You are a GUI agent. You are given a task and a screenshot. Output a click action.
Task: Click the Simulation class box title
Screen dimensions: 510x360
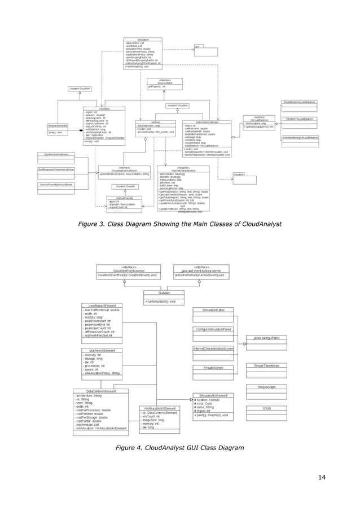pyautogui.click(x=143, y=40)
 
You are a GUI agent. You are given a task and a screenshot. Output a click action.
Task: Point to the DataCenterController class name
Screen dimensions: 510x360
pyautogui.click(x=206, y=121)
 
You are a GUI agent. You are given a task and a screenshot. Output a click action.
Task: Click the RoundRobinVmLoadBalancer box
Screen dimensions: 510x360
pyautogui.click(x=300, y=102)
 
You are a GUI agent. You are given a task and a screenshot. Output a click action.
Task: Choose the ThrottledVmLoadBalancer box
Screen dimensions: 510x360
pyautogui.click(x=300, y=119)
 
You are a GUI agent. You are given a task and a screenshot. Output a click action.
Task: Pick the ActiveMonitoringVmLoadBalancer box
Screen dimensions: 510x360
pyautogui.click(x=300, y=137)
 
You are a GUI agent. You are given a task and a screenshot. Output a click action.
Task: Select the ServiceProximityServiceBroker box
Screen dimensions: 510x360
pyautogui.click(x=56, y=185)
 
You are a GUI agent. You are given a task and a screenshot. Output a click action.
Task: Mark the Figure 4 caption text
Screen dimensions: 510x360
pyautogui.click(x=179, y=448)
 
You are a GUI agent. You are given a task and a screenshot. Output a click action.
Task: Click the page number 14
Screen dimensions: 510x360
pyautogui.click(x=322, y=478)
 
